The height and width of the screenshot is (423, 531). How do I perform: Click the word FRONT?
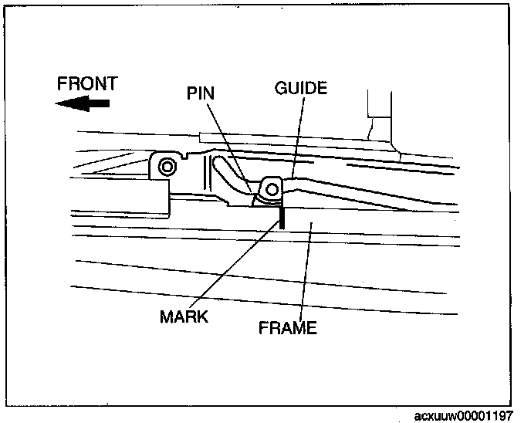87,83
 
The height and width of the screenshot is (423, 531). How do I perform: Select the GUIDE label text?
300,88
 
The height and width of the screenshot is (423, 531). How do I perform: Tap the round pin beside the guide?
272,187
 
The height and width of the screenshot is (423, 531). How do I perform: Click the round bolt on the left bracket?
165,167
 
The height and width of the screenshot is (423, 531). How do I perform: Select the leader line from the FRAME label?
306,270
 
